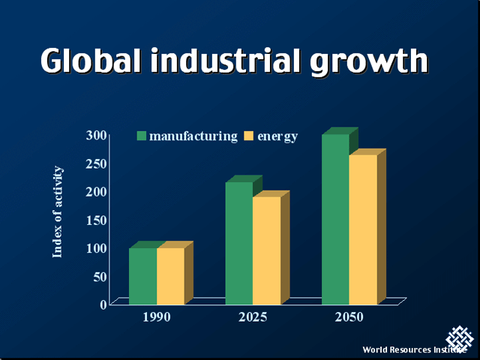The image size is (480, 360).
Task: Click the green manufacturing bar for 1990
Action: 142,275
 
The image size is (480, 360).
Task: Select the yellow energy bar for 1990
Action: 170,275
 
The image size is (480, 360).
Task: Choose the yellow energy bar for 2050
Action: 363,229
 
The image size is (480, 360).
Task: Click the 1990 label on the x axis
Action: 157,317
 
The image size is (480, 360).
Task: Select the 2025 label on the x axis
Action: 253,317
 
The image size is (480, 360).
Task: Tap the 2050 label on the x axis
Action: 349,317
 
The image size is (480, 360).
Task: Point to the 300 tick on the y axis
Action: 95,135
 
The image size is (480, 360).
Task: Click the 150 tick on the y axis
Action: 95,220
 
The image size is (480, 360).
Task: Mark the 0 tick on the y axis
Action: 103,304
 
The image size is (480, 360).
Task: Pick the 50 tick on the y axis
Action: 99,276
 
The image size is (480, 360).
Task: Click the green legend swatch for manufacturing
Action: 141,136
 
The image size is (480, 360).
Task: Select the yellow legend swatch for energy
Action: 250,136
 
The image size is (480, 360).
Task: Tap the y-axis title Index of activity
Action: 58,212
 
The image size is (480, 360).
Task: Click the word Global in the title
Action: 90,61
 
